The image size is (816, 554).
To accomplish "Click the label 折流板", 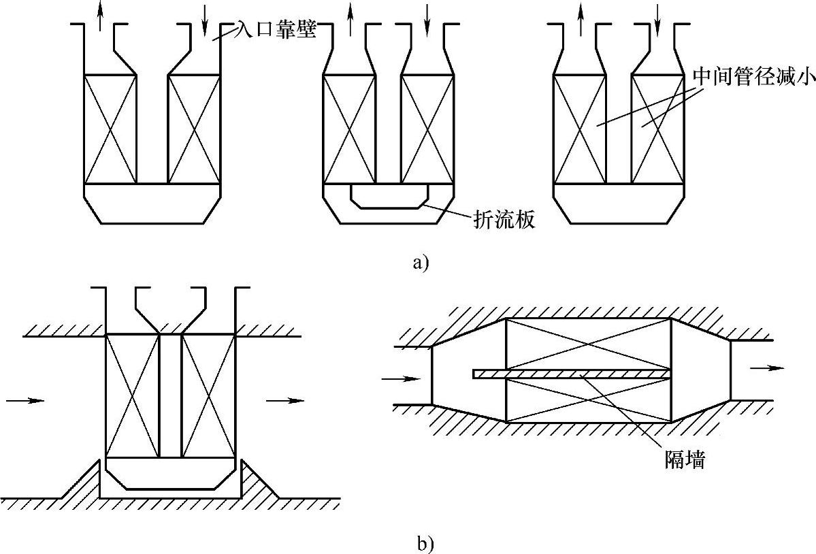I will pos(503,219).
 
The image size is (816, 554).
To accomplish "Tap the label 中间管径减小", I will pos(753,76).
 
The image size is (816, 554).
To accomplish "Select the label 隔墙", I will pos(685,461).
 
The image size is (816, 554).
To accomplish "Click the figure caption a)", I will pos(421,262).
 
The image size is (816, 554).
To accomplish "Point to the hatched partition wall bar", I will pos(572,374).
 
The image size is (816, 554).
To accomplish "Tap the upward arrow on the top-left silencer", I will pos(101,17).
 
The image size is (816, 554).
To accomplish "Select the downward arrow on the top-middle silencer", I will pos(427,19).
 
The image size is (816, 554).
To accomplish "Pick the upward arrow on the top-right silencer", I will pos(580,19).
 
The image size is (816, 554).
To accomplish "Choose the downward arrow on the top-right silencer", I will pos(657,19).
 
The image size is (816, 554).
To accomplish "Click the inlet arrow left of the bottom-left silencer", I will pos(25,401).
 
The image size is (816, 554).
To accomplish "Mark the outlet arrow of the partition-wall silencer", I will pos(762,368).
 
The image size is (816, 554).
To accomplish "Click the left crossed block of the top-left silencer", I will pos(110,129).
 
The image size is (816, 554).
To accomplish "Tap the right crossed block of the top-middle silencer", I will pos(427,129).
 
